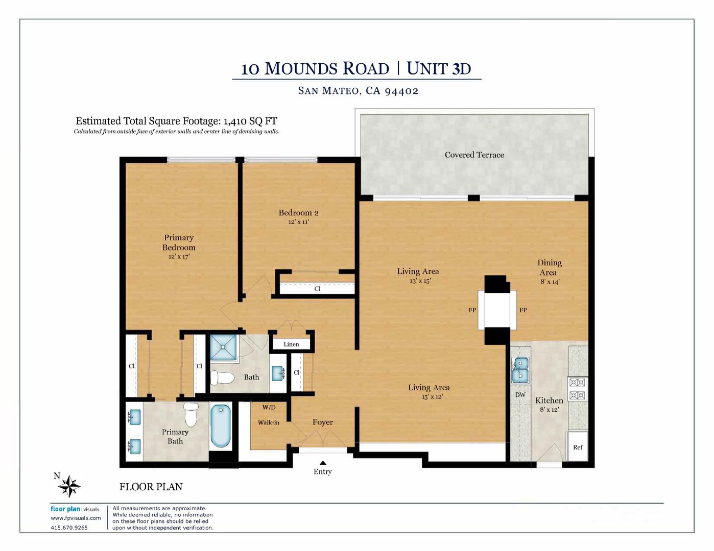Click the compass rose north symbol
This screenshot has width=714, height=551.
click(x=69, y=486)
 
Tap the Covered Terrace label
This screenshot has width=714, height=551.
click(x=474, y=155)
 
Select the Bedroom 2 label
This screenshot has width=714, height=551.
click(x=298, y=213)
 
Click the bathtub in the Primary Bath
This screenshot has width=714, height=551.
click(x=221, y=427)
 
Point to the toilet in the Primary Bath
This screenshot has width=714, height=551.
click(x=191, y=415)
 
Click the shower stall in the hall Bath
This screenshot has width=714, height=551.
click(x=223, y=347)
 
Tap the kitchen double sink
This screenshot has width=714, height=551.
click(x=520, y=370)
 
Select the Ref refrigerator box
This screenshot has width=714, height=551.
click(x=577, y=447)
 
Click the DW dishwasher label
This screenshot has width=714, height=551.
click(x=520, y=395)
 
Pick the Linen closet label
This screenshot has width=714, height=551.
click(x=291, y=344)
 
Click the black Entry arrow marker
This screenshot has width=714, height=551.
click(x=323, y=463)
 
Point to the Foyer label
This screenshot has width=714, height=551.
click(x=323, y=422)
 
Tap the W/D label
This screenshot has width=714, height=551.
click(x=269, y=408)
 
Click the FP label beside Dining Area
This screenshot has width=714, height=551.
click(x=523, y=310)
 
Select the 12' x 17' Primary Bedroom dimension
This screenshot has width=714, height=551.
click(x=179, y=257)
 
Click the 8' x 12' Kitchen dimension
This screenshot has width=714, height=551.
click(x=549, y=410)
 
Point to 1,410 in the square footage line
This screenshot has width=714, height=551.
click(x=234, y=121)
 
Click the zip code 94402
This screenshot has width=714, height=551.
click(x=401, y=91)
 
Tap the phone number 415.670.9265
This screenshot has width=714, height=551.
click(x=69, y=528)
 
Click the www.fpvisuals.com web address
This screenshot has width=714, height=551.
click(x=76, y=518)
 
